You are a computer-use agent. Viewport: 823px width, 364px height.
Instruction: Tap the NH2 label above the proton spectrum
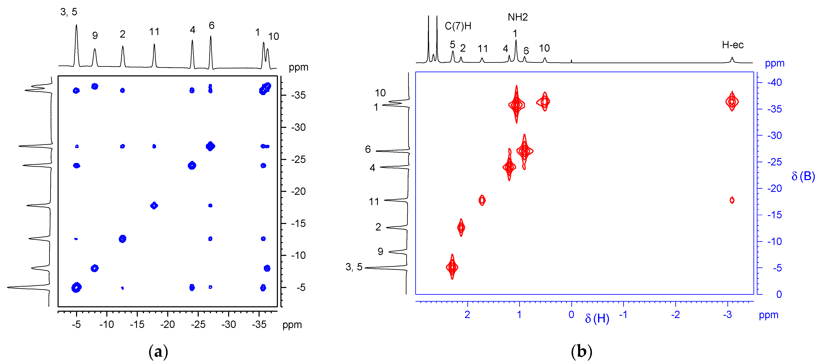coord(518,17)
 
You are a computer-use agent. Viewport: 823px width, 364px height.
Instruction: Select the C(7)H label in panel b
coord(458,26)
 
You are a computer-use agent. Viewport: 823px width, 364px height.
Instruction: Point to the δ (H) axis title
coord(597,318)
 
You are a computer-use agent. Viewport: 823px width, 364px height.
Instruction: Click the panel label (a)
coord(158,352)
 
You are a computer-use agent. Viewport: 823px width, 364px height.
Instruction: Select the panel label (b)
coord(581,352)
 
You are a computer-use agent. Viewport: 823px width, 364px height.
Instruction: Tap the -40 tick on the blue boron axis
coord(774,82)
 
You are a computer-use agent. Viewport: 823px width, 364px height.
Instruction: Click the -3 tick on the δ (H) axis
coord(727,315)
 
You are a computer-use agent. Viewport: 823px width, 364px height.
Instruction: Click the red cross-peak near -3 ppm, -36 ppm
coord(732,102)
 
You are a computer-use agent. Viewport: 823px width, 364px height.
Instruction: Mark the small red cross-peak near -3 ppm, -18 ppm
coord(732,200)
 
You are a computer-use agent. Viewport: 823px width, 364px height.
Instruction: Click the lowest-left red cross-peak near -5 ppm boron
coord(452,267)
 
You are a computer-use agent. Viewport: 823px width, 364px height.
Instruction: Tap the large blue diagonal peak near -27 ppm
coord(210,146)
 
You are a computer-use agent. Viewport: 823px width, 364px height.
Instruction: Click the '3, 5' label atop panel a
coord(69,12)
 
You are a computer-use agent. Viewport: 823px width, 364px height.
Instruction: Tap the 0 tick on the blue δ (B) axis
coord(779,294)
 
